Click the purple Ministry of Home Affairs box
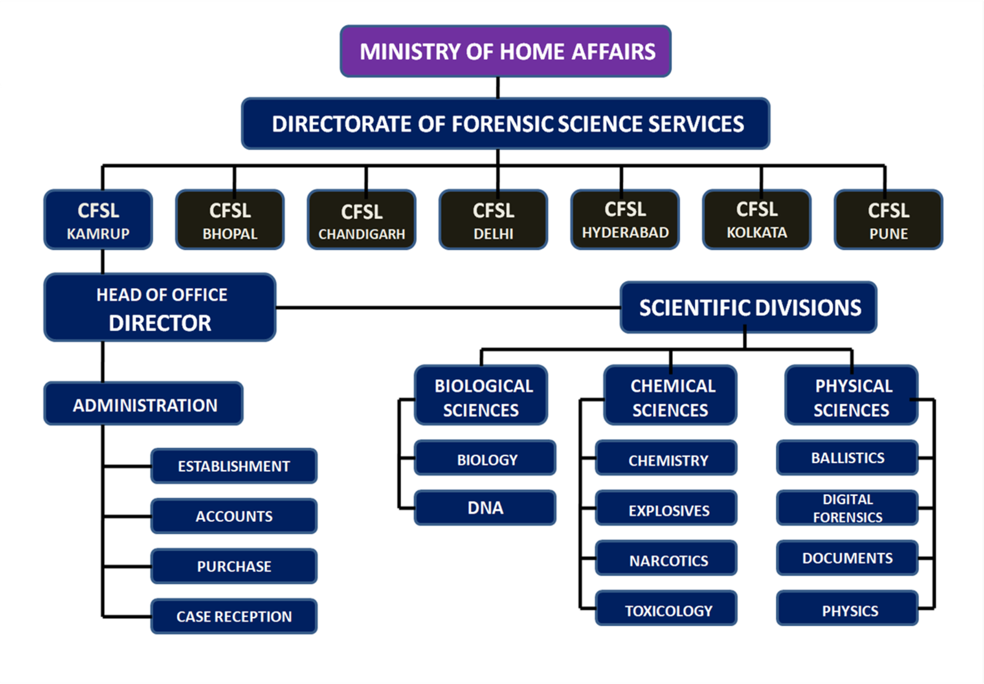506,52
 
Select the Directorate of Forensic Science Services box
506,124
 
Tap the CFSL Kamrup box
98,220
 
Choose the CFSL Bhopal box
230,220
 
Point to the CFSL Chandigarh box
362,220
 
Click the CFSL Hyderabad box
625,219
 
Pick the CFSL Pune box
888,220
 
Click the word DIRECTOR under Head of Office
160,323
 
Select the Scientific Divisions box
748,307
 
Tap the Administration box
144,404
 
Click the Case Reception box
234,616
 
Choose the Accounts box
234,516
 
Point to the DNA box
485,508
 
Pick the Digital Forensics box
847,508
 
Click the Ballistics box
847,458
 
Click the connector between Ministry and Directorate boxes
498,87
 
